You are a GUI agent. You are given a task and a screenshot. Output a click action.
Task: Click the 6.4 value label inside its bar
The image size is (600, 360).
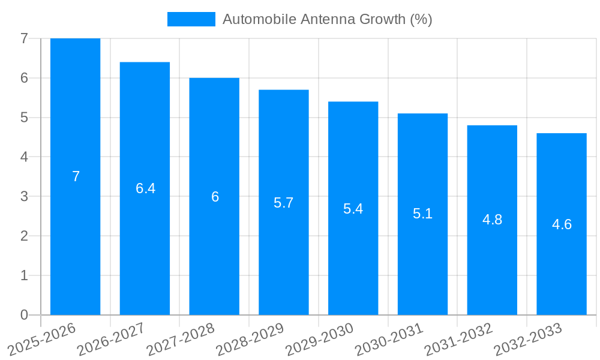(145, 188)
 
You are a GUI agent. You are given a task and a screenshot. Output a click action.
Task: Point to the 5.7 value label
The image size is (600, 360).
(283, 203)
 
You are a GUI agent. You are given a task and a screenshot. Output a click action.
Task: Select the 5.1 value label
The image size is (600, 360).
(422, 214)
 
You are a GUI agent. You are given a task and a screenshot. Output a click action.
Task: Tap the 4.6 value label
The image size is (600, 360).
(562, 224)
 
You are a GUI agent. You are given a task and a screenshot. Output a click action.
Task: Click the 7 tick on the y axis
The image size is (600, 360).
(24, 38)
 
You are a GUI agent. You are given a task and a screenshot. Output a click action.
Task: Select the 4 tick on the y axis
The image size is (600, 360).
(24, 157)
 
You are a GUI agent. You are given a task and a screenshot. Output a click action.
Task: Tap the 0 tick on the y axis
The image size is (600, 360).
(24, 315)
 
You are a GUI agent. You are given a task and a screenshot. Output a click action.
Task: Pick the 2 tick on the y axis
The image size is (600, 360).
(24, 236)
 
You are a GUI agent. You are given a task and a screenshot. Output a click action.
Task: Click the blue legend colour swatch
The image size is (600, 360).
(191, 19)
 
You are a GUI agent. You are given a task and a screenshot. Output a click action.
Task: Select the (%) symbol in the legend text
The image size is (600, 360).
(421, 19)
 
